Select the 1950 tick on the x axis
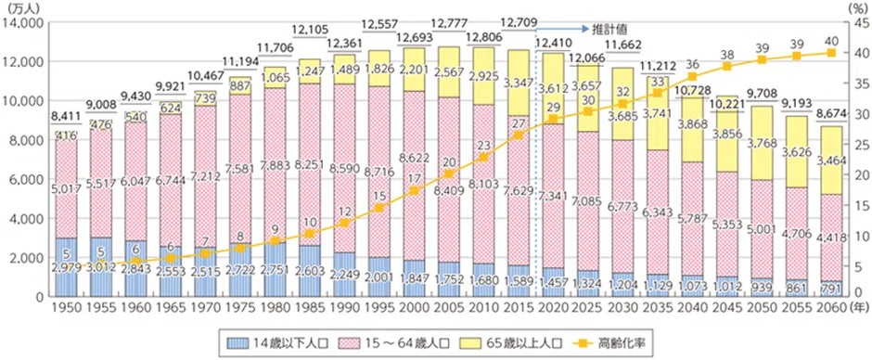pos(66,306)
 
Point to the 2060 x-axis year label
pos(831,306)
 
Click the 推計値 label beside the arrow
pos(607,29)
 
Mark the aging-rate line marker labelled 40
pos(831,52)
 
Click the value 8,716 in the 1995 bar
pos(378,173)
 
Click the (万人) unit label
pos(18,7)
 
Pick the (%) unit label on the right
pos(858,7)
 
